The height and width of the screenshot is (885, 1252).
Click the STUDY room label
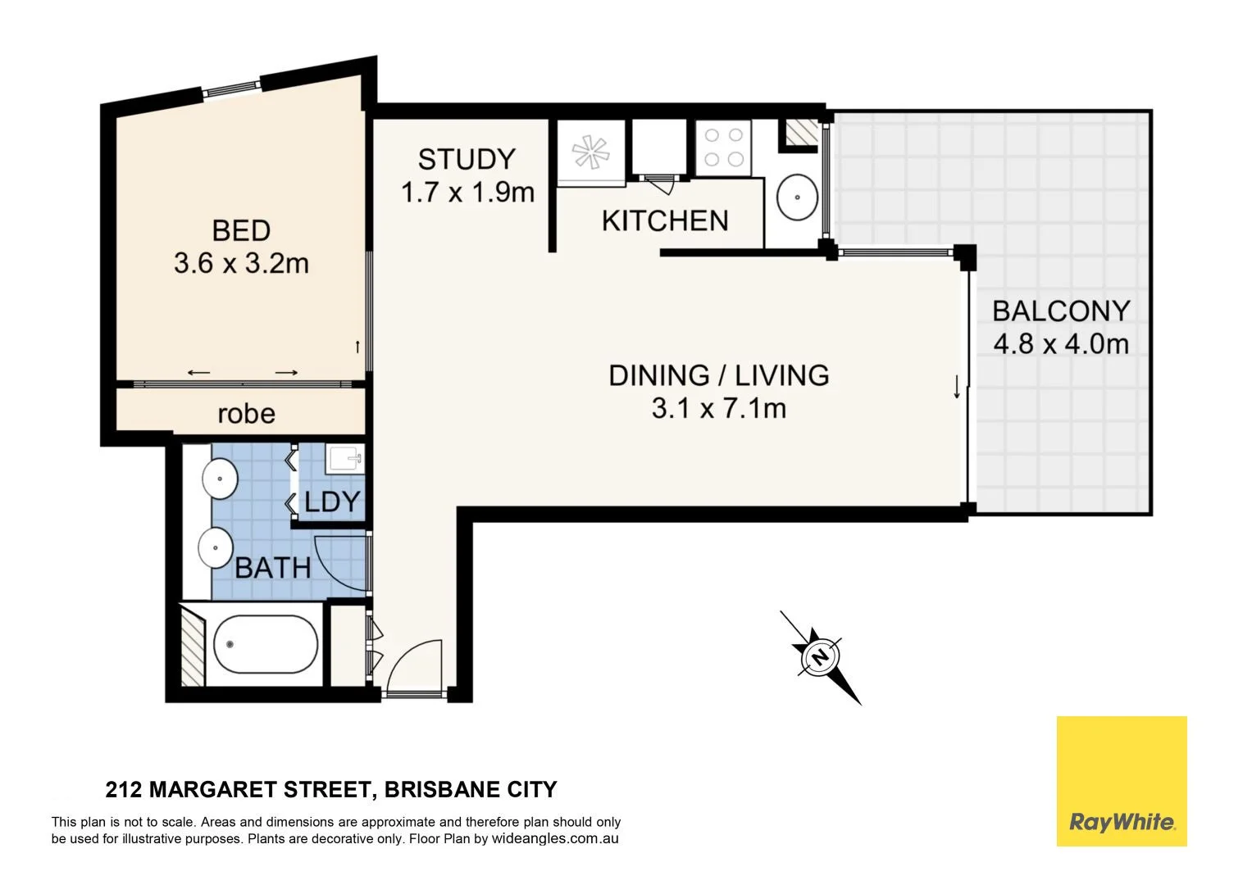466,158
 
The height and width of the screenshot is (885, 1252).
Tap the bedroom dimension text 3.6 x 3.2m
241,264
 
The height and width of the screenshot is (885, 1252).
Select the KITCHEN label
664,220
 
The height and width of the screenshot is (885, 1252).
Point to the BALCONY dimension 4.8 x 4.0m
1061,343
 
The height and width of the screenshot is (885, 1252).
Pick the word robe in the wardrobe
246,414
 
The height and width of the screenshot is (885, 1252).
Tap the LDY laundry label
332,501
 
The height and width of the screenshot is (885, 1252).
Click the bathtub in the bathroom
265,644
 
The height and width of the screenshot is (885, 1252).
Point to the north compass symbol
820,656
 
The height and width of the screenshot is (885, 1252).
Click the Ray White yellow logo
1121,781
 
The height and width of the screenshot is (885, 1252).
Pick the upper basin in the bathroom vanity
220,478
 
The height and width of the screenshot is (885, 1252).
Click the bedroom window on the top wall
233,87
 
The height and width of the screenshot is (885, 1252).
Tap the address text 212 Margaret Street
237,790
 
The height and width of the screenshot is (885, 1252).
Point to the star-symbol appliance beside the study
591,153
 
